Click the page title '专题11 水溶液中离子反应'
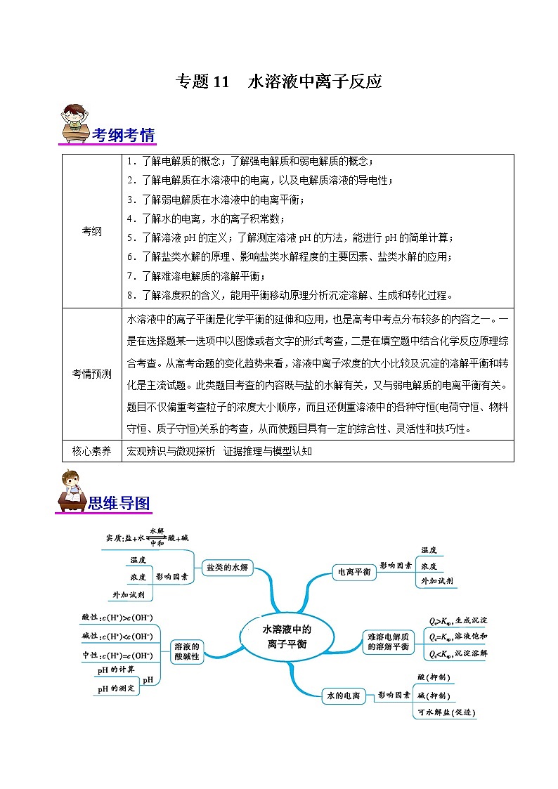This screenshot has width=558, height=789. click(x=278, y=81)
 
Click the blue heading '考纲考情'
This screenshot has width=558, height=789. click(x=124, y=135)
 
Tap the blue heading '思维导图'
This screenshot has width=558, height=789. click(x=119, y=503)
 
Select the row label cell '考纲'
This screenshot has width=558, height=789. click(x=92, y=231)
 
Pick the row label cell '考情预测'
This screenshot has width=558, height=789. click(x=92, y=374)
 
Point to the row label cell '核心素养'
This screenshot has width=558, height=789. click(x=92, y=451)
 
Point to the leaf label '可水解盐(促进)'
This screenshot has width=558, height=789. click(x=446, y=712)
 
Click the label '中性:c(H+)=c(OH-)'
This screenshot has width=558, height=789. click(x=117, y=655)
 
